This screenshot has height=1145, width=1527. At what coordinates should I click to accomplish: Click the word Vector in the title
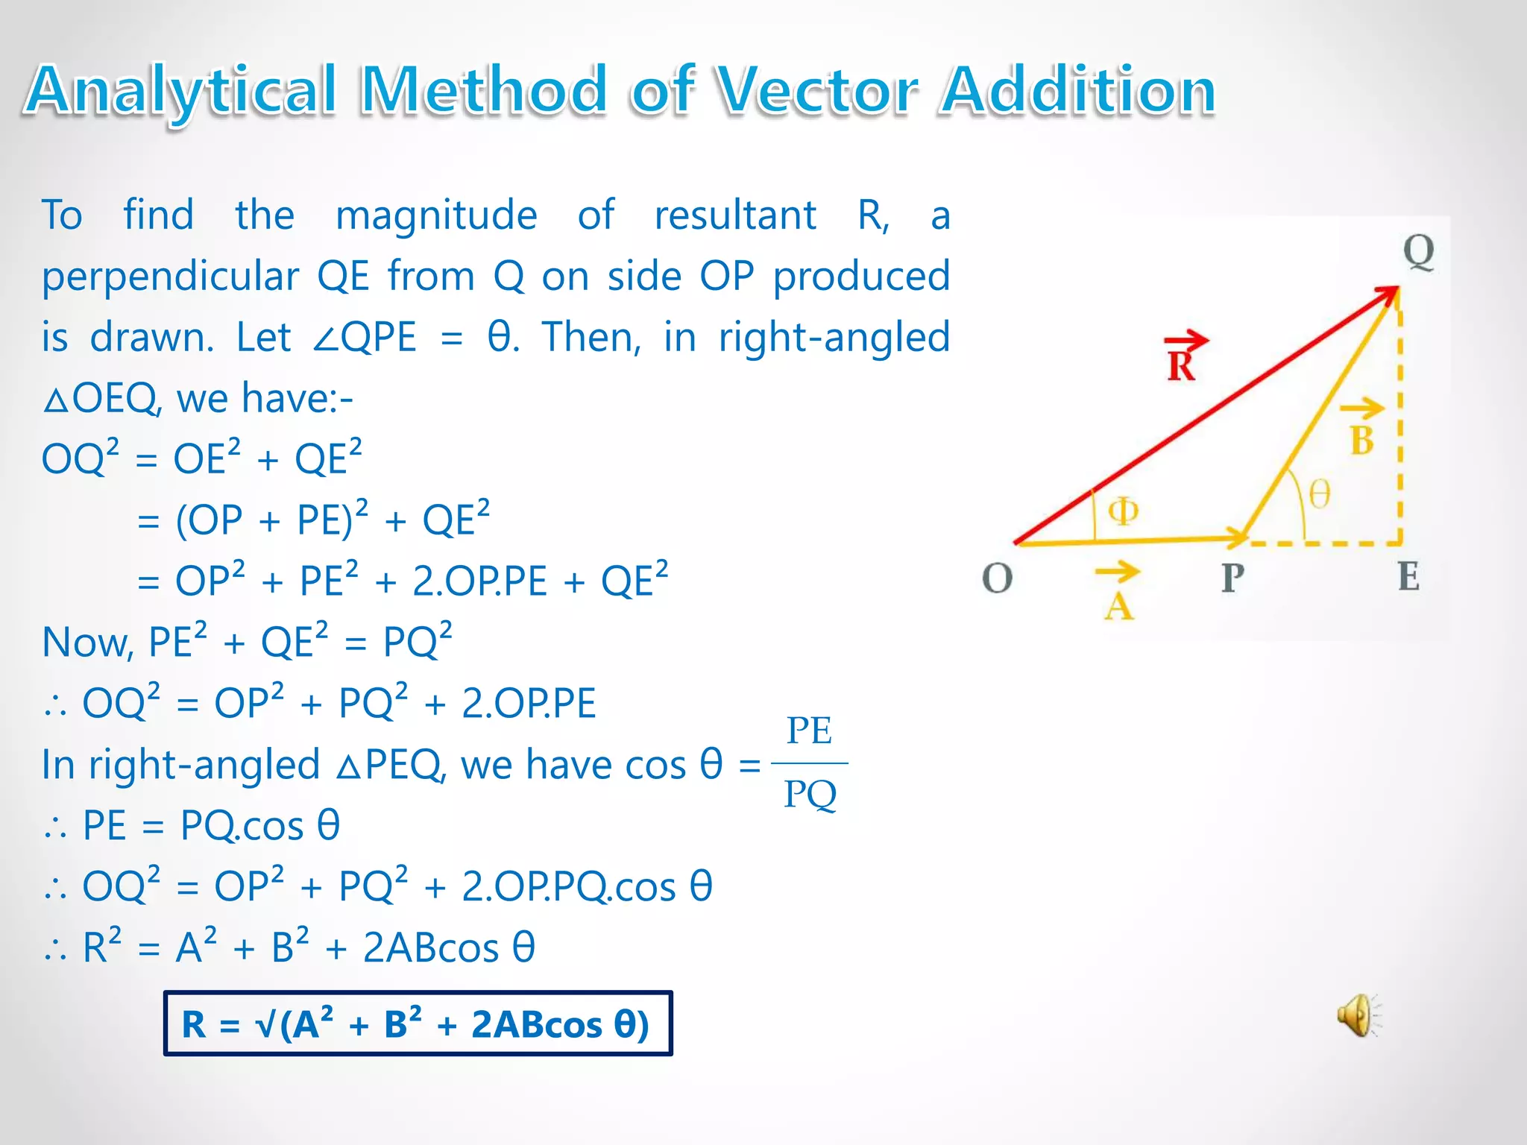pos(817,90)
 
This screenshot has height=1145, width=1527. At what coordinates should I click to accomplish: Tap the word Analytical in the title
pos(181,90)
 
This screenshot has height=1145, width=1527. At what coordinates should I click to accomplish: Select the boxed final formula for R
pos(418,1023)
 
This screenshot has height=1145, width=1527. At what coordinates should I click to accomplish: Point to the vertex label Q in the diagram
pos(1418,252)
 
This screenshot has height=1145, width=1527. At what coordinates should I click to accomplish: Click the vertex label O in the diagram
pos(997,578)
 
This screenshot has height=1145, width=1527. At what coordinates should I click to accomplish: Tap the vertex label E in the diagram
pos(1408,576)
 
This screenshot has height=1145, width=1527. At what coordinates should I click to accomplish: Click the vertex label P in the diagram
pos(1232,578)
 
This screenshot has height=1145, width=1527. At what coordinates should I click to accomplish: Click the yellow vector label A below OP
pos(1118,596)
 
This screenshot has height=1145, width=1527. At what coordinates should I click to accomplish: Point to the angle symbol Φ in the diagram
pos(1123,511)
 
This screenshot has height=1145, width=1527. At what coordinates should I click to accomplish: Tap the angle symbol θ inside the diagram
pos(1320,493)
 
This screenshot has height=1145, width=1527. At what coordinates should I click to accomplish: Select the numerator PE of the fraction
pos(809,731)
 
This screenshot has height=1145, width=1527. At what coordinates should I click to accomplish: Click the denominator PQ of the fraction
pos(810,794)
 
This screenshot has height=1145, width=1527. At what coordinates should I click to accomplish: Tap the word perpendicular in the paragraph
pos(170,277)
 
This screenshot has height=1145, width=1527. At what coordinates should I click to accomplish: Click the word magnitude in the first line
pos(436,215)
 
